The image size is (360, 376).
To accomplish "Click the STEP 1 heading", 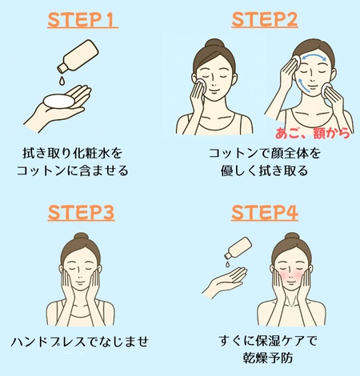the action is pos(82,20).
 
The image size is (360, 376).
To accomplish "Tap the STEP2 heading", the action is pos(265,20).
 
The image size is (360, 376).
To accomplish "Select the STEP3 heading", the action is pos(81,213).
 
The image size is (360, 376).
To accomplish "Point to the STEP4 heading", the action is pos(265,213).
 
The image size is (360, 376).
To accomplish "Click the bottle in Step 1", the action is pos(78,56).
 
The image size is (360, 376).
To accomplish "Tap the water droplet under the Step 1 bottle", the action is pos(62,80).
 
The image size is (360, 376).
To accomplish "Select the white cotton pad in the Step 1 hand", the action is pos(59,101).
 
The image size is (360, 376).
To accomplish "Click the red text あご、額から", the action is pos(312,133).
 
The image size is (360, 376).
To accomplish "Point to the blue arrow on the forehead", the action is pos(314,56).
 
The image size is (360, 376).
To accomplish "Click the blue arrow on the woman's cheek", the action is pos(302,85).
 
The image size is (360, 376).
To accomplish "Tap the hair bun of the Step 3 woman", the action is pos(82,237).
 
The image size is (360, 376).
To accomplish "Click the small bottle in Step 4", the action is pos(238,248).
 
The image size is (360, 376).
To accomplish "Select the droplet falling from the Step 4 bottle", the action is pos(226,264).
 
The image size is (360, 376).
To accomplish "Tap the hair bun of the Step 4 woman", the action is pos(292,237).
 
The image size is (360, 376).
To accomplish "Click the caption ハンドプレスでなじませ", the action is pos(79,342).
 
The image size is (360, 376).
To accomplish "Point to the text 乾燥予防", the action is pos(268,358).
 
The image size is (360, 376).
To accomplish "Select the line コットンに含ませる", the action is pos(73,170).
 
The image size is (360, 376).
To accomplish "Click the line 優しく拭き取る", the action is pos(264,170).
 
